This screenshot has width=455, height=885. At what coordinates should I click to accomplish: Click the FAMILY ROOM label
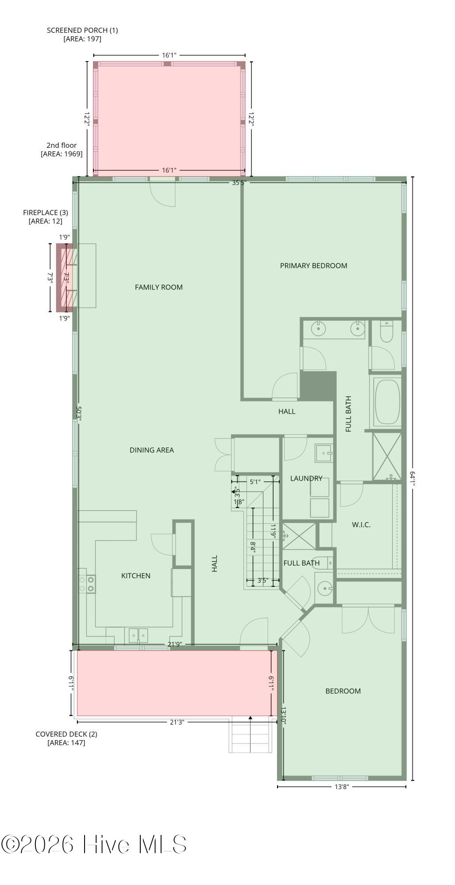point(158,287)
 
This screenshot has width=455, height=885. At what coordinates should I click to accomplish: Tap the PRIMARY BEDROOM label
point(313,265)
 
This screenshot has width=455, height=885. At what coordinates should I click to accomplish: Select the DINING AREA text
point(151,450)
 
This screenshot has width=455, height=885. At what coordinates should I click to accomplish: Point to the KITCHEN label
point(136,576)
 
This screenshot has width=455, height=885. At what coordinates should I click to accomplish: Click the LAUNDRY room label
point(306,478)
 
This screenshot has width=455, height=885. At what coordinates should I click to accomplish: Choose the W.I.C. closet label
point(361,525)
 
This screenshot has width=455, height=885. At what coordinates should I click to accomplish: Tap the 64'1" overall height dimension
point(412,479)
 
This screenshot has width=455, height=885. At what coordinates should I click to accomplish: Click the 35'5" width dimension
point(239,182)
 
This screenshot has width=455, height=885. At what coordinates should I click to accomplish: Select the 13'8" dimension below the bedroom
point(342,787)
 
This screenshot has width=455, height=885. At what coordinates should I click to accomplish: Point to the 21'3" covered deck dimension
point(177,722)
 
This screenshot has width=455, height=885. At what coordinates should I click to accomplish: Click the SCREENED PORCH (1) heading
point(82,30)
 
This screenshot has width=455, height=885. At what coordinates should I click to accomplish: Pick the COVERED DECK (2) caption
point(66,734)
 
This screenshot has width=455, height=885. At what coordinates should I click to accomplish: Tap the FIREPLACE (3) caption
point(46,213)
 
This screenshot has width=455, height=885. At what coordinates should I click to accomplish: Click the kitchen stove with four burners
point(87,584)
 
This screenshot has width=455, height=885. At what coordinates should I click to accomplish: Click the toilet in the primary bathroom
point(386,332)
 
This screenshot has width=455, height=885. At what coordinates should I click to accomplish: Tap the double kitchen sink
point(139,635)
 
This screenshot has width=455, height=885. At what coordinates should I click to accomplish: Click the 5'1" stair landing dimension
point(255,482)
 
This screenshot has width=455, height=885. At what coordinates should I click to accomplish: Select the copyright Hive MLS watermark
point(94,844)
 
